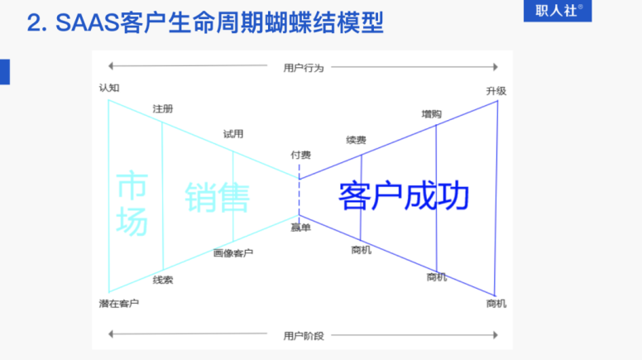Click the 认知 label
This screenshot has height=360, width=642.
click(109, 87)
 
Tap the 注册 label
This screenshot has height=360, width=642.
click(163, 108)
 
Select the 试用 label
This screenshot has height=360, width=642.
click(233, 134)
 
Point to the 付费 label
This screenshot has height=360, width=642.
click(300, 155)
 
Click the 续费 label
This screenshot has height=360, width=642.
click(356, 140)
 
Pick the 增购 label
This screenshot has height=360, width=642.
click(431, 114)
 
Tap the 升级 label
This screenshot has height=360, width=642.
click(496, 91)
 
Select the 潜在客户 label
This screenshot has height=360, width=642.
click(119, 304)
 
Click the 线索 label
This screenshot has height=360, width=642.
click(163, 280)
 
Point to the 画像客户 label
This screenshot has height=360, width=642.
click(233, 253)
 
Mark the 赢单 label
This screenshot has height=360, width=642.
click(300, 227)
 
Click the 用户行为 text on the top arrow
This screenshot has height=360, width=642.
click(304, 67)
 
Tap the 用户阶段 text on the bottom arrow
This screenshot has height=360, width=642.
click(304, 336)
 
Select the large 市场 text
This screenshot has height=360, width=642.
click(132, 203)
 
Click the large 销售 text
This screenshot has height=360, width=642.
click(218, 198)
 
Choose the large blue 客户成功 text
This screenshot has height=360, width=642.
click(403, 196)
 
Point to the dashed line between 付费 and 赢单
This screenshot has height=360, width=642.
click(299, 191)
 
